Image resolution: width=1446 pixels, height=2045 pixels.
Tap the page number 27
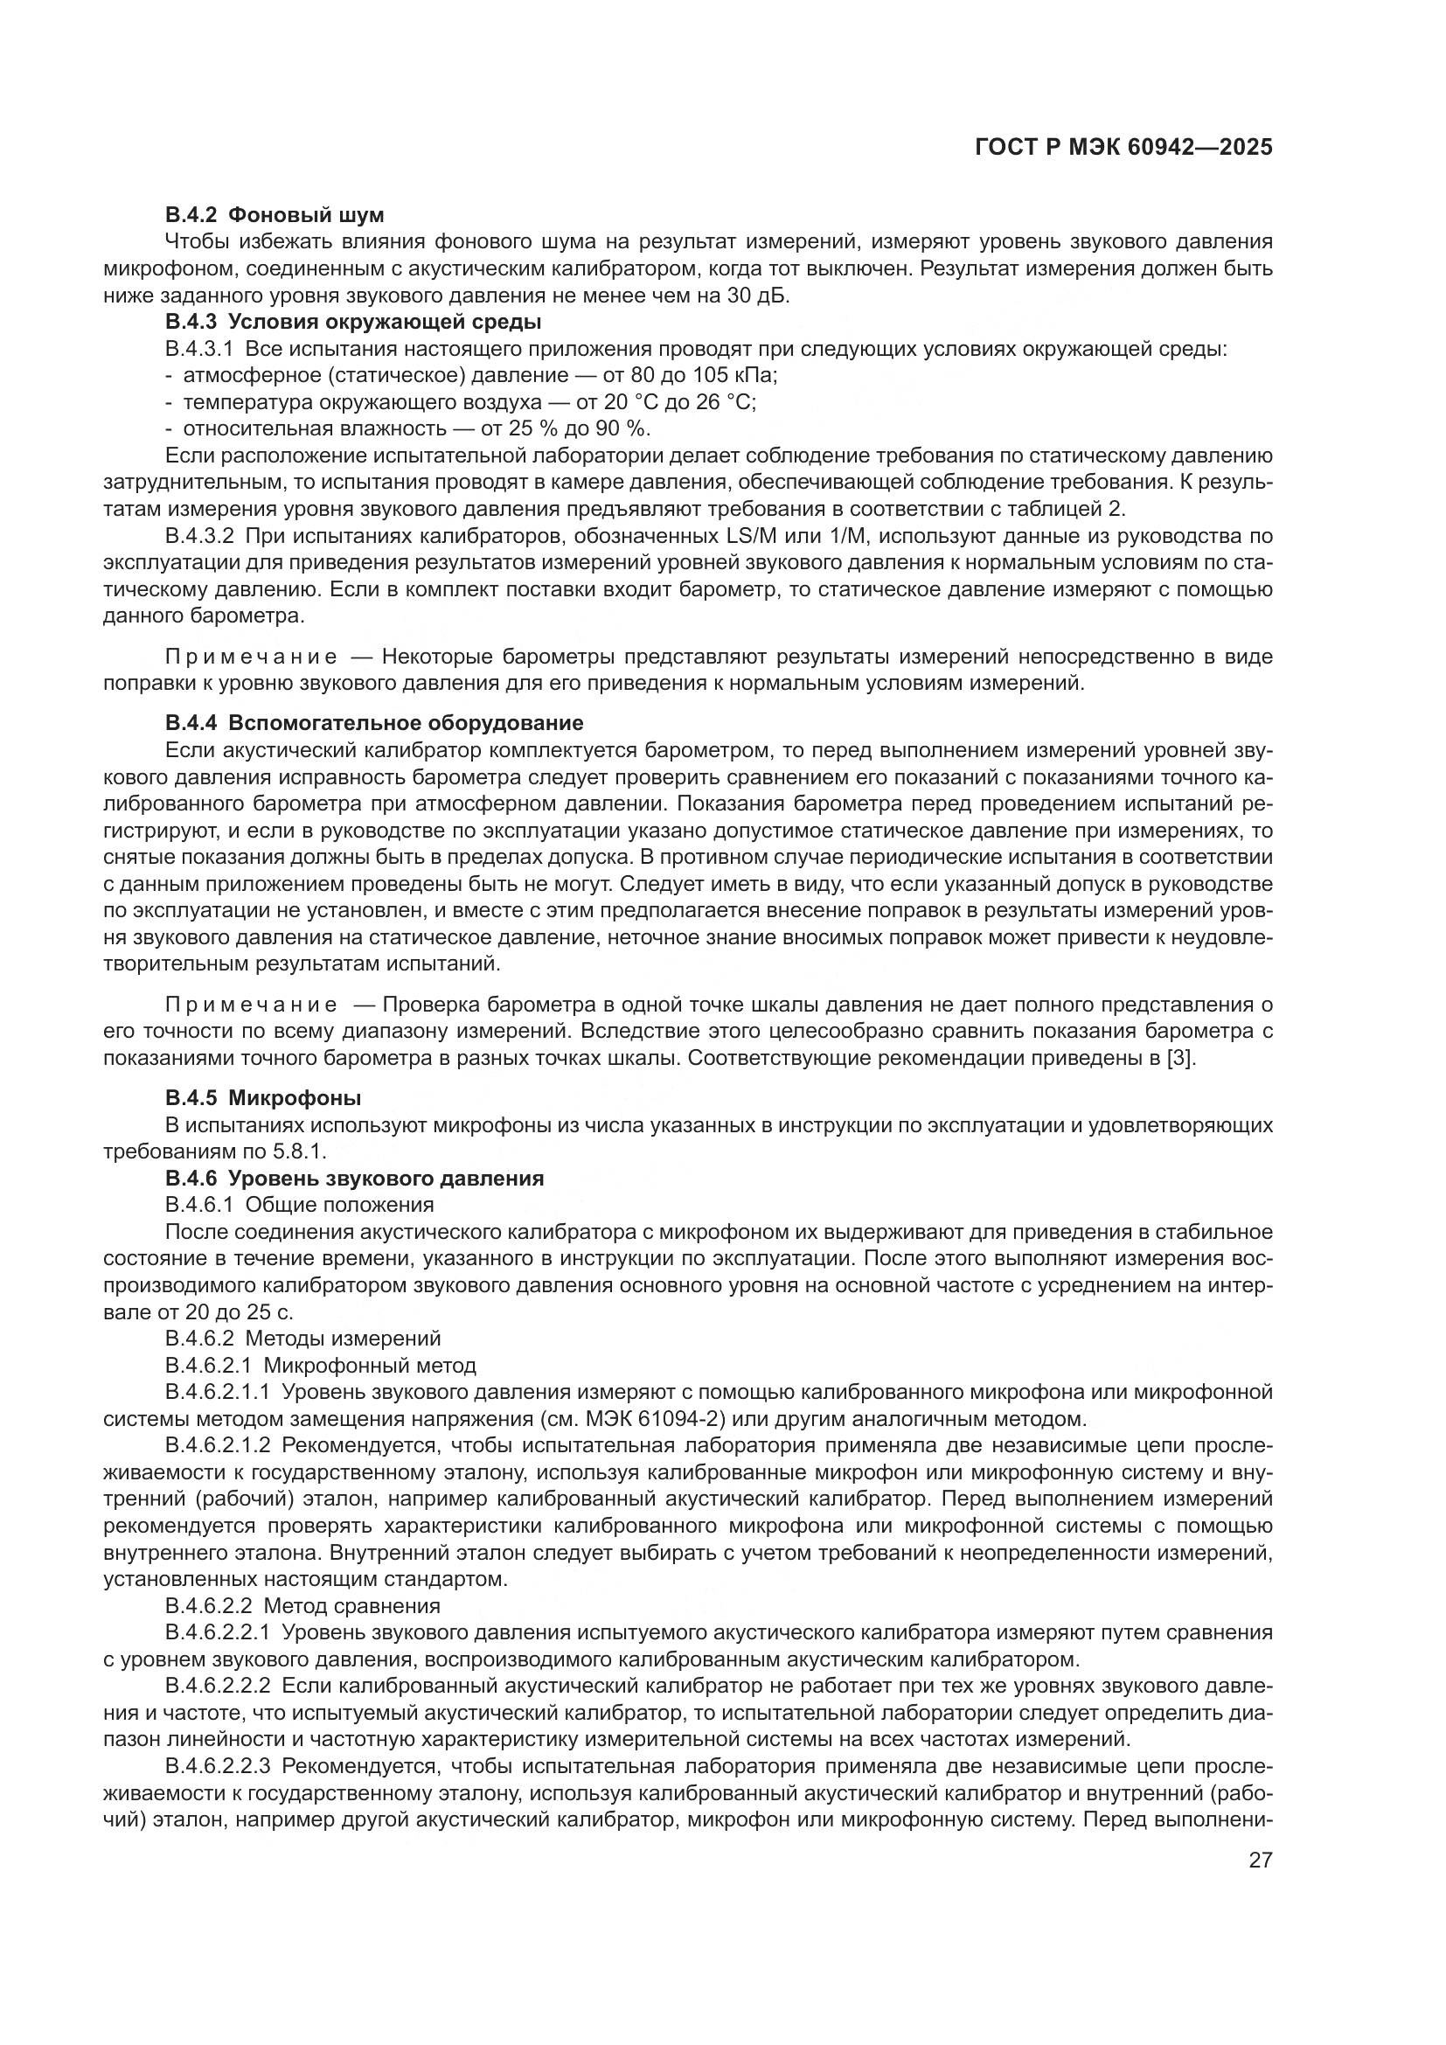[x=1260, y=1861]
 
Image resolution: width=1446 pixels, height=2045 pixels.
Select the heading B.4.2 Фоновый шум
[x=275, y=215]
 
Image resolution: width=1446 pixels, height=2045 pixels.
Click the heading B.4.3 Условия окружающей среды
[x=352, y=322]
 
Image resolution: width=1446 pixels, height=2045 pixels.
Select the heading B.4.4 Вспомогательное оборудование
[x=374, y=721]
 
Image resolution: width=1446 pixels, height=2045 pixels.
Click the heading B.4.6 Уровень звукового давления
[x=354, y=1179]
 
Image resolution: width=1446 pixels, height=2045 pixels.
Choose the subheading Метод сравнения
[x=351, y=1605]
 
